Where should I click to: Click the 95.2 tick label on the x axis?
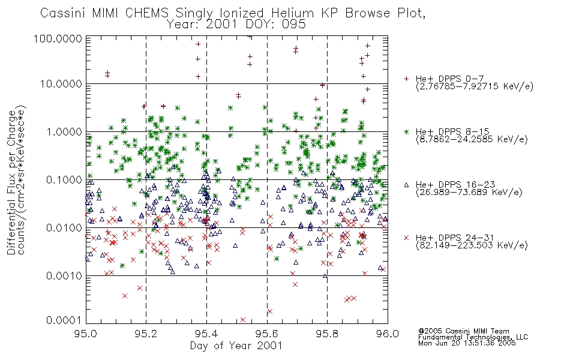click(x=146, y=334)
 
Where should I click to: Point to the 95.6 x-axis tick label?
click(x=267, y=334)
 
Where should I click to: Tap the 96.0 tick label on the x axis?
click(x=388, y=334)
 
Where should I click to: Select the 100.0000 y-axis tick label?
click(x=58, y=38)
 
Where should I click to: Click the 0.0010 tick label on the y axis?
click(x=64, y=276)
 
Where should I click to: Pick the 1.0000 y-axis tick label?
click(x=64, y=132)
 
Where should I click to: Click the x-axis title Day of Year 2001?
click(x=236, y=346)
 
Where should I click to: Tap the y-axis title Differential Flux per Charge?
click(x=11, y=182)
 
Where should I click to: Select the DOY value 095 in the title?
click(x=294, y=25)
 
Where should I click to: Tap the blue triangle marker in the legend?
click(x=406, y=185)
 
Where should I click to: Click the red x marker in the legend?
click(x=406, y=238)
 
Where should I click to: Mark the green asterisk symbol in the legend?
click(x=406, y=131)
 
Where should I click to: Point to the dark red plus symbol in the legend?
click(x=406, y=79)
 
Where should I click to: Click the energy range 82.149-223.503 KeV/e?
click(x=472, y=245)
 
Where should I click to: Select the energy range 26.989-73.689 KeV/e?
click(x=469, y=193)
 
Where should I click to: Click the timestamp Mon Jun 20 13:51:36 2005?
click(x=467, y=343)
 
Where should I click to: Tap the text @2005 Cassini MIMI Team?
click(x=464, y=331)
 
